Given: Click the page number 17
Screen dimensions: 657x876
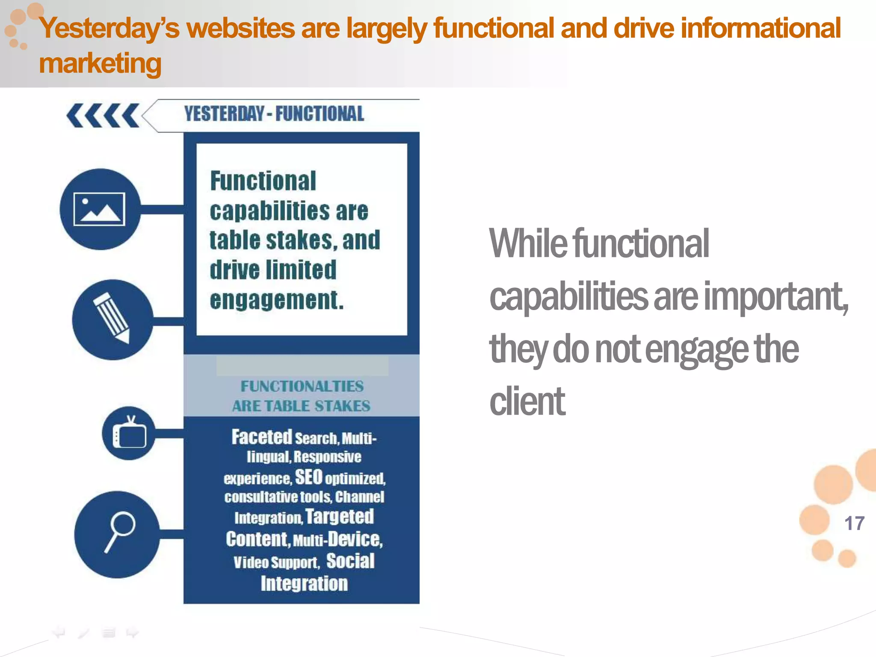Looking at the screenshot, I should pos(854,524).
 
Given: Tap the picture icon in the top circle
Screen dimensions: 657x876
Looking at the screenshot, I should pos(99,209).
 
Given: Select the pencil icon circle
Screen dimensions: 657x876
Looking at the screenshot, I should pos(112,320).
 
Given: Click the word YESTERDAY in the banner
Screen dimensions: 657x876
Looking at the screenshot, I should pos(225,114).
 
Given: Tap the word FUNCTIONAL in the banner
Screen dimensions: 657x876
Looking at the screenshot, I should pos(320,114).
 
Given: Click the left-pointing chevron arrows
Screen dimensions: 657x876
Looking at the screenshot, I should pos(103,115).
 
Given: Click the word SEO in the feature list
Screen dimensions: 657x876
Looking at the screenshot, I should pos(308,477).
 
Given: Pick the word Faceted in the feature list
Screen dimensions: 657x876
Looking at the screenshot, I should pos(262,437).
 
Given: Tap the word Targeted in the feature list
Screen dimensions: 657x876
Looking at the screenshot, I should pos(340,516).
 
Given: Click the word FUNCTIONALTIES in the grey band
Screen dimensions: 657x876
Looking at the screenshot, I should pos(302,386).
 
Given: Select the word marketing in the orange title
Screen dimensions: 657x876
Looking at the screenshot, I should pos(100,63).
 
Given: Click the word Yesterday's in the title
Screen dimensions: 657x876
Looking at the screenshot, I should pos(109,28).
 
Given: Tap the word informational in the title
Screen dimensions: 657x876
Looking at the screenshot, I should pos(761,28).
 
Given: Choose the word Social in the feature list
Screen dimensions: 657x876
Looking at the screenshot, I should pos(350,561).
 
